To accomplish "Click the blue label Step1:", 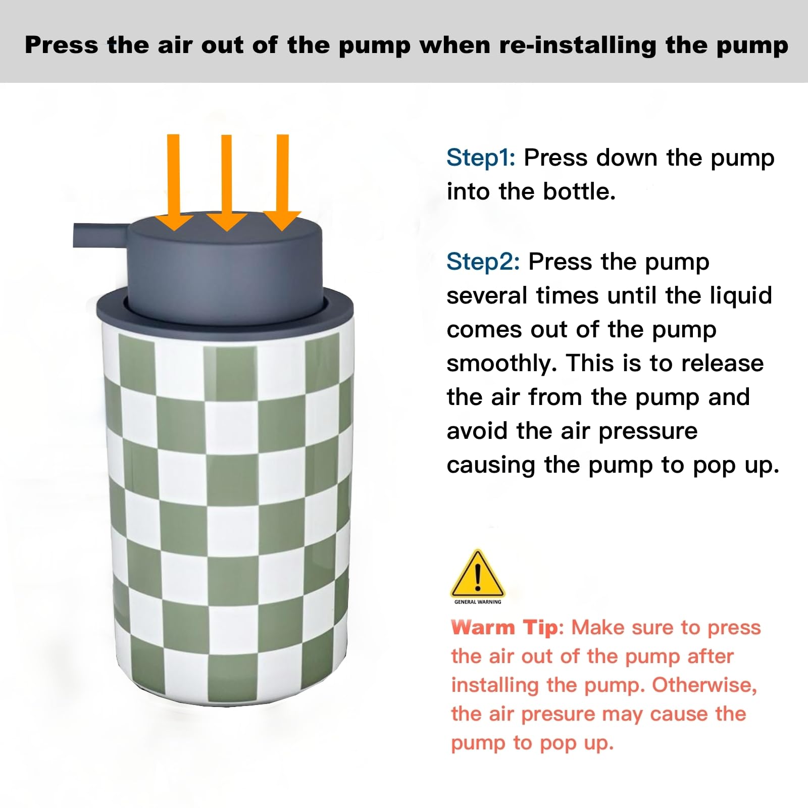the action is (x=481, y=158).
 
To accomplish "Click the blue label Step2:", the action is (x=483, y=262).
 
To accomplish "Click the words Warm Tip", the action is (x=504, y=627).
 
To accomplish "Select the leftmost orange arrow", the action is (x=174, y=182).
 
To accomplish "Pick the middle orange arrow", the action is (x=226, y=183).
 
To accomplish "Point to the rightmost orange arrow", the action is (x=282, y=183).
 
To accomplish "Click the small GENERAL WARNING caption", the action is (x=478, y=602).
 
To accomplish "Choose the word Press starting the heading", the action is (x=62, y=45).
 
